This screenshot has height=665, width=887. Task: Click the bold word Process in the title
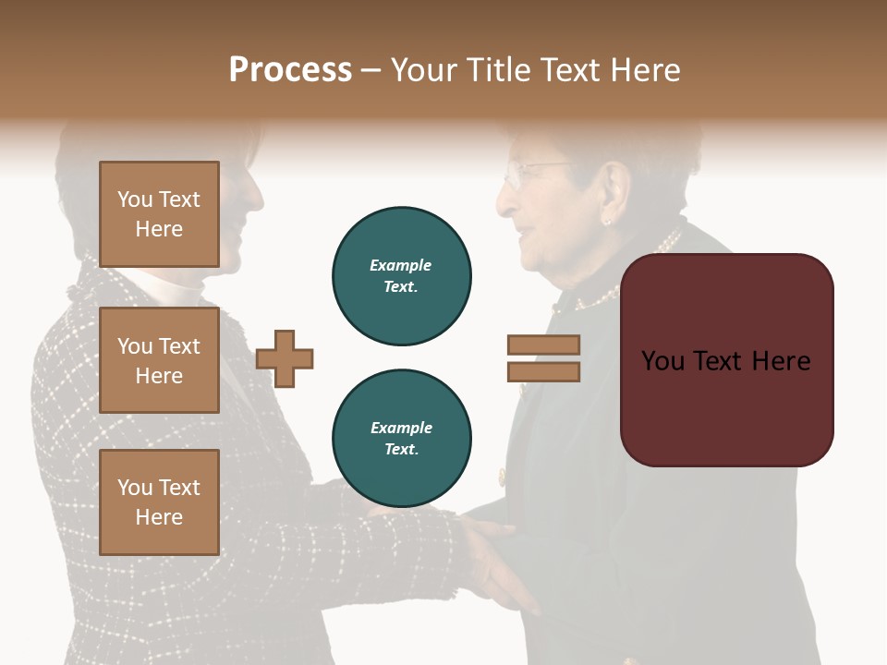[x=290, y=70]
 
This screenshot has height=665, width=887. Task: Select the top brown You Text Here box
[x=159, y=214]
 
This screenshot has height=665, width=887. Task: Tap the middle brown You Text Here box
[x=159, y=360]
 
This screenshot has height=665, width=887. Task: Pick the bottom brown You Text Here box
[x=159, y=502]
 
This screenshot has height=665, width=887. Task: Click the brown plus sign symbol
[x=285, y=358]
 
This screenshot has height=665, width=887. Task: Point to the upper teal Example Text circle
[x=402, y=275]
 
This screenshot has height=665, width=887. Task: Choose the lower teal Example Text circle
[x=402, y=438]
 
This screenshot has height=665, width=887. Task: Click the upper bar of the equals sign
[x=544, y=345]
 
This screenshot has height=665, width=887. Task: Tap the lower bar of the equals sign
[x=544, y=371]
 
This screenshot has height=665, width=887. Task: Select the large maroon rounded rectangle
[x=726, y=360]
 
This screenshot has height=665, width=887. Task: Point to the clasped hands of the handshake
[x=480, y=554]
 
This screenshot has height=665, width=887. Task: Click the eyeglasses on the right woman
[x=536, y=172]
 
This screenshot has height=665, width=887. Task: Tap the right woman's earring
[x=608, y=221]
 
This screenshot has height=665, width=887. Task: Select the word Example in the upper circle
[x=401, y=265]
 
